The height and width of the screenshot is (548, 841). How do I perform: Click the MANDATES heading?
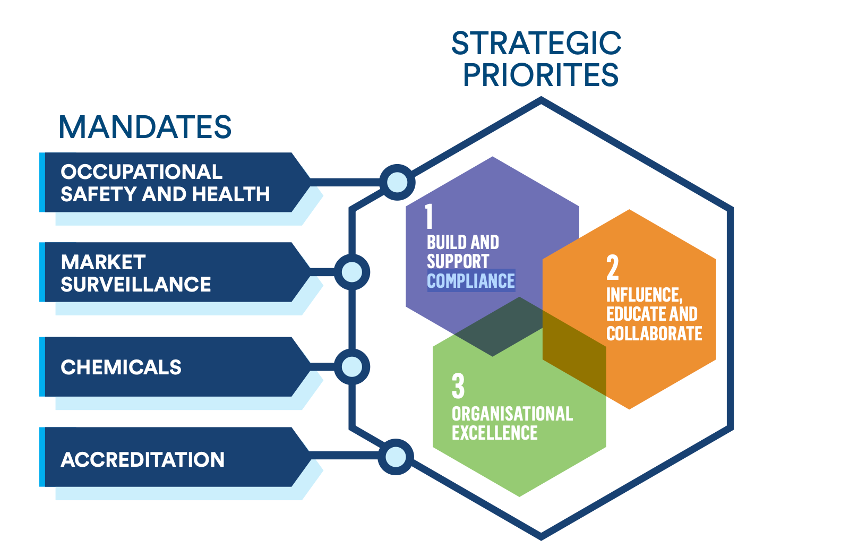point(145,127)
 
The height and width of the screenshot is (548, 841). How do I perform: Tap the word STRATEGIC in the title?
point(536,44)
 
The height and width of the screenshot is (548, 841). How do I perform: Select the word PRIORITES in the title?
point(540,75)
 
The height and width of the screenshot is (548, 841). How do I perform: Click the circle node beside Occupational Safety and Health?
point(397,182)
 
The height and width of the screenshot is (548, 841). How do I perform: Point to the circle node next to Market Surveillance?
point(351,272)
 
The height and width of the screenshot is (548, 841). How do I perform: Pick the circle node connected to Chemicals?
point(351,366)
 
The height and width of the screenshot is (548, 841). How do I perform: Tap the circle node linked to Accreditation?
point(396,457)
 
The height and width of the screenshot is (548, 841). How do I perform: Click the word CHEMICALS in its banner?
point(121,367)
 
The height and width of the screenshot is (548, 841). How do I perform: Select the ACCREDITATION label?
point(142,460)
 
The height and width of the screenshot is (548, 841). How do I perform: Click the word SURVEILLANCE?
point(136,285)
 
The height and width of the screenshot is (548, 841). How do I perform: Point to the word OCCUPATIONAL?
point(141,172)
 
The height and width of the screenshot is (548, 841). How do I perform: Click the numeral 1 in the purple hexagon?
point(429,217)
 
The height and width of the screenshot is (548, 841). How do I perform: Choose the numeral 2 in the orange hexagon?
point(613,268)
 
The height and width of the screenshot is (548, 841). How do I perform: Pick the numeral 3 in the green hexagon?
point(458,386)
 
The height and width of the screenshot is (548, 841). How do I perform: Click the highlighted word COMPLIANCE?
point(471,281)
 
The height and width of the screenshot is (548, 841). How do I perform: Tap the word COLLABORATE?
point(654,333)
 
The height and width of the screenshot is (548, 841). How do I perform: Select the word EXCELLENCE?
point(494,433)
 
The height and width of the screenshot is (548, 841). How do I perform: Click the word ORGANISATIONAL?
point(512,414)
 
